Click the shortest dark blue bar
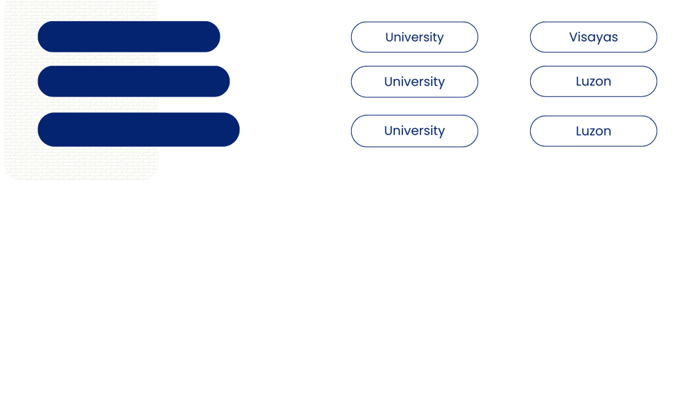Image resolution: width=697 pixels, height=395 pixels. point(129,37)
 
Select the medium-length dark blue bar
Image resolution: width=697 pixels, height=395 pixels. point(133,82)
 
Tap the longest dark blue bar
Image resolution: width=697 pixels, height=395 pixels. point(139,129)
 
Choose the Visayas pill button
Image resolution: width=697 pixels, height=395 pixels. point(593,37)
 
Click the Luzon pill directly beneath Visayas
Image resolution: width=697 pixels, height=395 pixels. point(593,82)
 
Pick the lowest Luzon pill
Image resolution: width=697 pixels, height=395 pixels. point(593,131)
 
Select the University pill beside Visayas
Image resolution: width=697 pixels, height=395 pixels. point(414,37)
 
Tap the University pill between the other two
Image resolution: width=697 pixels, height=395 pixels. point(414,82)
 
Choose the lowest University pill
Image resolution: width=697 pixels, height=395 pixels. point(414,131)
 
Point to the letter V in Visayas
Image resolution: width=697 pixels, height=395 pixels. point(573,37)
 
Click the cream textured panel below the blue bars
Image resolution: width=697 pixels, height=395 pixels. point(81,163)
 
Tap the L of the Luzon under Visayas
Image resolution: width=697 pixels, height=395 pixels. point(579,82)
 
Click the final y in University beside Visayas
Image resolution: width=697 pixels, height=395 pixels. point(440,38)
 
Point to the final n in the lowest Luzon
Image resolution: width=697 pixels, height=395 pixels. point(607,131)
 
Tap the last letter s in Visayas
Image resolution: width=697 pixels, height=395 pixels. point(615,37)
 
